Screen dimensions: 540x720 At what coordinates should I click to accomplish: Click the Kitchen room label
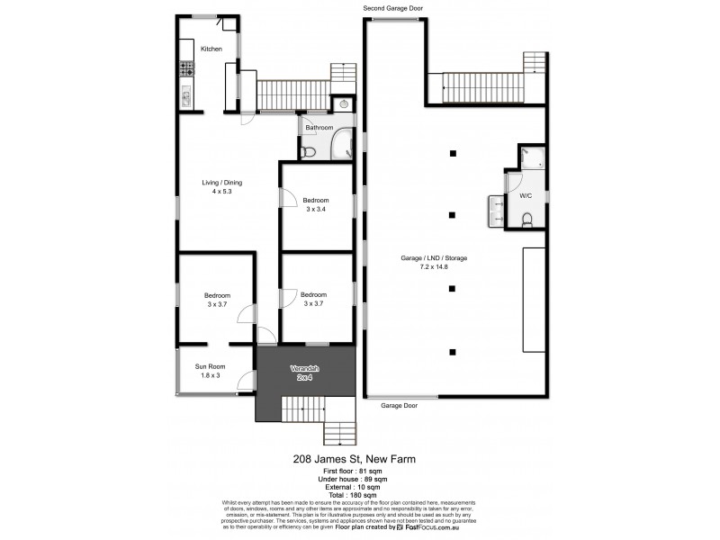pyautogui.click(x=211, y=49)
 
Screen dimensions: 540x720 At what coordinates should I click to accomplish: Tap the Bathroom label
pyautogui.click(x=319, y=128)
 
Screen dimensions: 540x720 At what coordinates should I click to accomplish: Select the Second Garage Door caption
pyautogui.click(x=392, y=8)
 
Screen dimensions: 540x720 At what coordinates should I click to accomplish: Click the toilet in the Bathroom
pyautogui.click(x=309, y=152)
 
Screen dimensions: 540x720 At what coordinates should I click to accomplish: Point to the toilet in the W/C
pyautogui.click(x=527, y=218)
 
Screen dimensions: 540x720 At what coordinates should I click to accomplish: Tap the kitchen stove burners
pyautogui.click(x=187, y=67)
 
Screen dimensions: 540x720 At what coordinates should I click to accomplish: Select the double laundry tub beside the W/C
pyautogui.click(x=496, y=208)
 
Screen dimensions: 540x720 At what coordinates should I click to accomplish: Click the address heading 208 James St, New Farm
pyautogui.click(x=360, y=458)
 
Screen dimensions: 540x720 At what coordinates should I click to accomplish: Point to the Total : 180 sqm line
pyautogui.click(x=360, y=494)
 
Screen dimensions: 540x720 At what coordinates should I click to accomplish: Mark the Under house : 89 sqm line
pyautogui.click(x=360, y=478)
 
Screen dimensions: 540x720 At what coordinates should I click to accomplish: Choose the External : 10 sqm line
pyautogui.click(x=360, y=486)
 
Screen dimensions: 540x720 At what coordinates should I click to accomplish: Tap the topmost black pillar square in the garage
pyautogui.click(x=454, y=153)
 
